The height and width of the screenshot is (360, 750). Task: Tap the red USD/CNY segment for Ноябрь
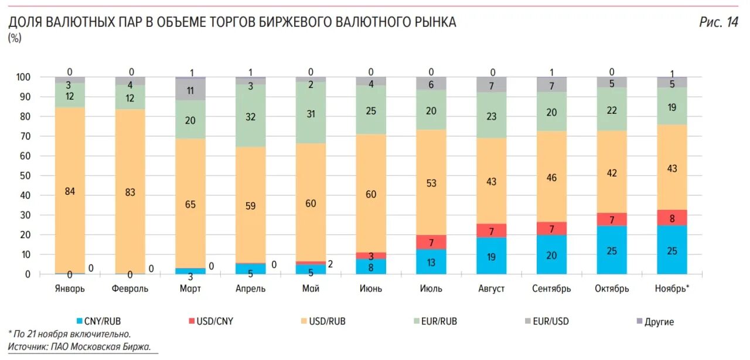coord(672,218)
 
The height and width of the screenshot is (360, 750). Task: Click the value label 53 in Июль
coord(431,184)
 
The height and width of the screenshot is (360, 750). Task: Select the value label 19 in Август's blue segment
coord(492,256)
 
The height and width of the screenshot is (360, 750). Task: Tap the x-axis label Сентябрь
coord(551,288)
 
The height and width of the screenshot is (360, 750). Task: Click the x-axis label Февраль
coord(130,288)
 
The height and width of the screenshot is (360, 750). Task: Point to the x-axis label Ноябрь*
coord(672,288)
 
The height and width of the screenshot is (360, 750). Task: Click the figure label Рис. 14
coord(718,22)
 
